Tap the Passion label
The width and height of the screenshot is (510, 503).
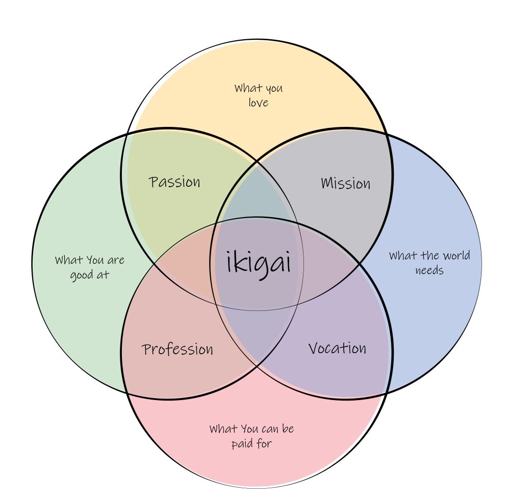click(x=175, y=182)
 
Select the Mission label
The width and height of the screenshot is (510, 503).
click(x=346, y=183)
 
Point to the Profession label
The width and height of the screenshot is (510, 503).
click(x=177, y=350)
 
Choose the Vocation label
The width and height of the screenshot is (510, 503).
click(x=338, y=349)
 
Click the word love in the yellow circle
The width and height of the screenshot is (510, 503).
click(x=258, y=102)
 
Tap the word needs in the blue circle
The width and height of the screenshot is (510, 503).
click(x=429, y=270)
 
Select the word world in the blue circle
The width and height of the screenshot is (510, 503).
click(x=456, y=255)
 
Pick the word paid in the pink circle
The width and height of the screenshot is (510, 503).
click(x=241, y=443)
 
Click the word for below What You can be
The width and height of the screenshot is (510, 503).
click(x=264, y=443)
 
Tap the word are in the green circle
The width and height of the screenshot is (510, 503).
click(x=116, y=260)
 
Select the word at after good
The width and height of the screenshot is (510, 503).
click(x=104, y=275)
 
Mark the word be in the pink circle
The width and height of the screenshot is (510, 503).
click(x=288, y=429)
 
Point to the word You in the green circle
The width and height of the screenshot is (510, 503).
click(x=95, y=260)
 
